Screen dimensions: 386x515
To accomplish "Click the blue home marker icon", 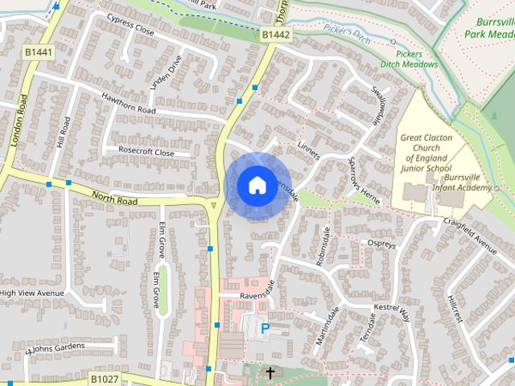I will [x=257, y=186].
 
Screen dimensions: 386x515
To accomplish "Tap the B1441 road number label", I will [x=38, y=52].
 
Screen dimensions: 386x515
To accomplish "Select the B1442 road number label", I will [x=275, y=35].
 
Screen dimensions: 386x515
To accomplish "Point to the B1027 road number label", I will [x=104, y=378].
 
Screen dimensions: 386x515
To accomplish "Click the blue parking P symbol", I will [x=265, y=328].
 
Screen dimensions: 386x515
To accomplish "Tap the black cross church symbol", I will [x=270, y=373].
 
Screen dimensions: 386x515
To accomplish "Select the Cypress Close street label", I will [x=130, y=29].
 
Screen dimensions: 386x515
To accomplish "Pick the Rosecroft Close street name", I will [x=146, y=151].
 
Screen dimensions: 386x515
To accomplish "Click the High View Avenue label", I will [x=31, y=294].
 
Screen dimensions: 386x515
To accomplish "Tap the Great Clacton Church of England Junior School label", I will [x=426, y=154].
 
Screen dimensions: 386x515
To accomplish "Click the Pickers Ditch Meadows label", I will [x=410, y=58].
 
